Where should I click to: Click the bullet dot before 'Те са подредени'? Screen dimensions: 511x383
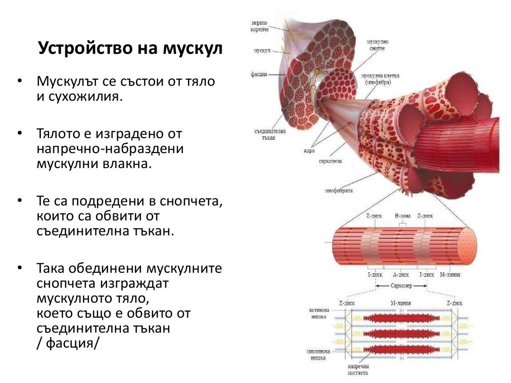pos(19,201)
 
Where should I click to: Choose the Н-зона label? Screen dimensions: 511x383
pos(402,216)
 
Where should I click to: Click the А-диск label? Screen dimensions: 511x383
pos(401,275)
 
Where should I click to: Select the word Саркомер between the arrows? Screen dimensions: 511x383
pos(401,286)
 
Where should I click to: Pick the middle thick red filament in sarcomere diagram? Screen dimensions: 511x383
pos(401,334)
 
